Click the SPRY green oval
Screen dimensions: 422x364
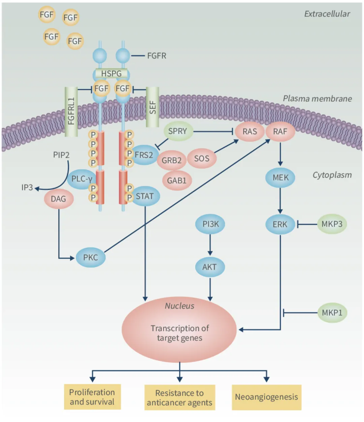178,131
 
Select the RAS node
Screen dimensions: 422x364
249,132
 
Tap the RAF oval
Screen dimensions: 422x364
280,132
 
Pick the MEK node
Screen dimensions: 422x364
280,177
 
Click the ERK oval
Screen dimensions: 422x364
280,224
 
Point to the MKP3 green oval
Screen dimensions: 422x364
332,224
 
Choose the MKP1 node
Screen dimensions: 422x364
332,313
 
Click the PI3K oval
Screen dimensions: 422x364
210,224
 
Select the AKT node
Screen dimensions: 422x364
210,267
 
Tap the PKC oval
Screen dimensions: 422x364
91,257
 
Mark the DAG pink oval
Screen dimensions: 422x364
58,199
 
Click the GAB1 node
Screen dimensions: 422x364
177,181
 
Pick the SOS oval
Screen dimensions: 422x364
202,159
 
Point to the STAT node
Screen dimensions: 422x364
145,196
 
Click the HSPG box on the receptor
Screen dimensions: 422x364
111,74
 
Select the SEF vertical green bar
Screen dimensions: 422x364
152,107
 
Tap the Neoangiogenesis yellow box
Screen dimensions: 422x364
266,397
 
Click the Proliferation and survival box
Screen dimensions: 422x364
92,397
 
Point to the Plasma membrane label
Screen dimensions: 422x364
317,99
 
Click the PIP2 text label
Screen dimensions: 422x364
61,155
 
